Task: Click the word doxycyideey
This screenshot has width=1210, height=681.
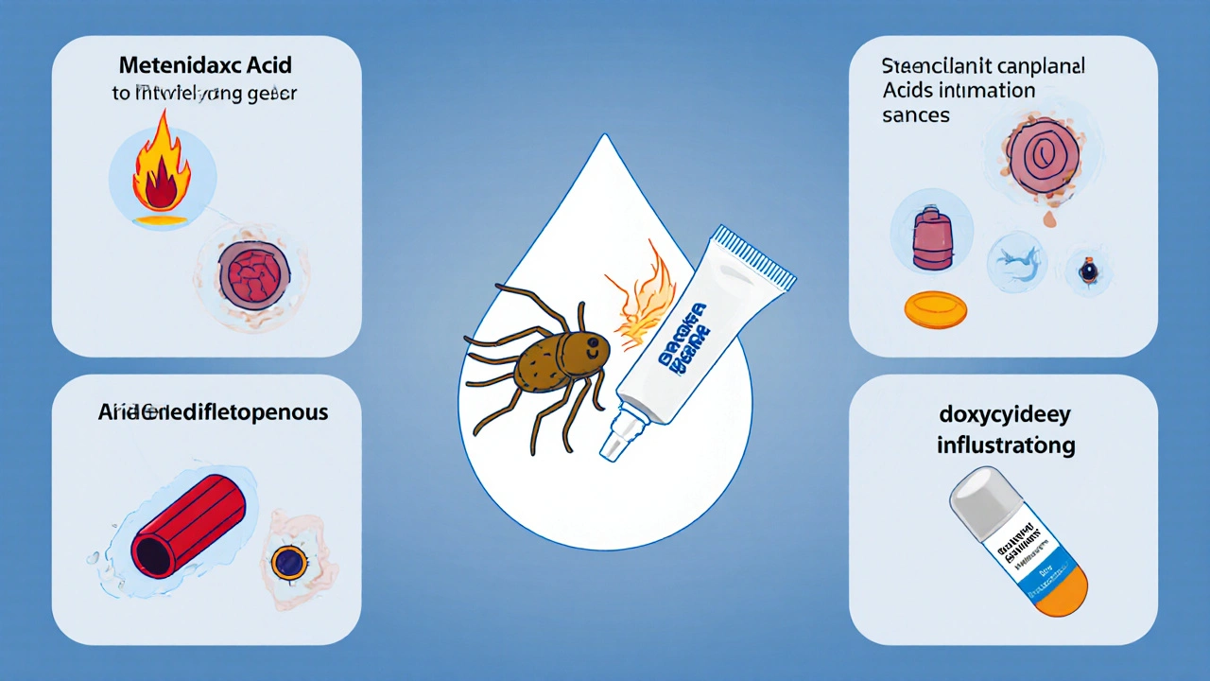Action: [x=1005, y=417]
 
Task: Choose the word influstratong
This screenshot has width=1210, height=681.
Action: [x=1005, y=445]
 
